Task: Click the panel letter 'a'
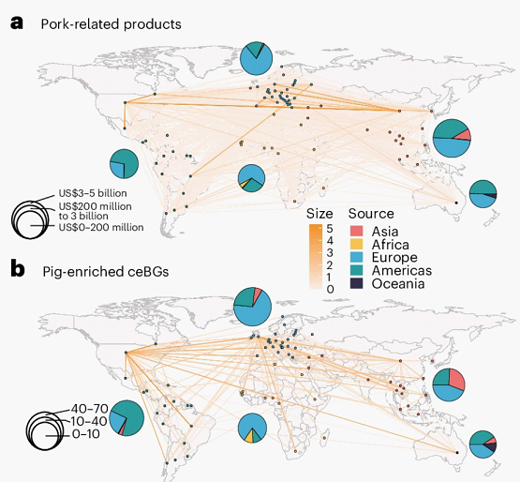pos(17,23)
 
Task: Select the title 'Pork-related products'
pos(111,24)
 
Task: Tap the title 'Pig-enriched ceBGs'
pos(106,272)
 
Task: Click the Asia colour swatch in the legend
pos(357,231)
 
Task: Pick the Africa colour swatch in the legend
pos(357,244)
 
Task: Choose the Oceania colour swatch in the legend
pos(357,283)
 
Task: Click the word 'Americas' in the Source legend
pos(402,271)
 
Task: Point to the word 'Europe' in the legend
pos(394,258)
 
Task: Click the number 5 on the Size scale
pos(330,229)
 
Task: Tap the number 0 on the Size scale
pos(330,289)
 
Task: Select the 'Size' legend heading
pos(319,214)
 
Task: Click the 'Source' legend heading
pos(371,214)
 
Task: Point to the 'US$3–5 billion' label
pos(93,193)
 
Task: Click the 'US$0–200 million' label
pos(101,227)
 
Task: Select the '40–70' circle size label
pos(90,408)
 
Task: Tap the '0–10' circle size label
pos(85,434)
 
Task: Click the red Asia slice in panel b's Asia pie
pos(456,380)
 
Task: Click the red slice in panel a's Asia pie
pos(464,135)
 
